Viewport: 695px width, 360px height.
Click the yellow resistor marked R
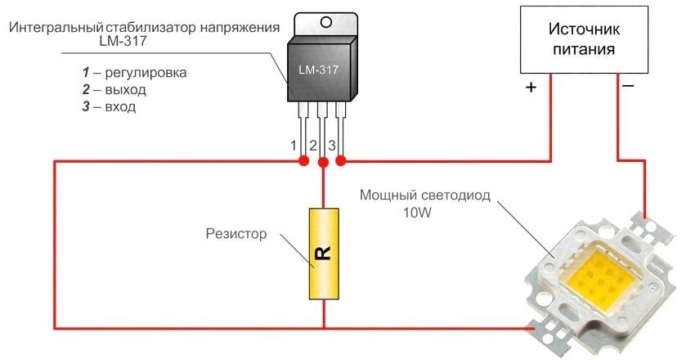click(324, 254)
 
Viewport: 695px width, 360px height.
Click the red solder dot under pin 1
click(303, 162)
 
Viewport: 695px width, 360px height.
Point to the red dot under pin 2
click(323, 163)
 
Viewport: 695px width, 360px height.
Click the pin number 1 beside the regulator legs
click(294, 146)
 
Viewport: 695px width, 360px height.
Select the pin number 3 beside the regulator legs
click(332, 146)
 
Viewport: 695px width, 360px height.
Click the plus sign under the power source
click(530, 87)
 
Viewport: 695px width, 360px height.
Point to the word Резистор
click(236, 234)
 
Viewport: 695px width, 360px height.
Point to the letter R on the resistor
click(324, 254)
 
